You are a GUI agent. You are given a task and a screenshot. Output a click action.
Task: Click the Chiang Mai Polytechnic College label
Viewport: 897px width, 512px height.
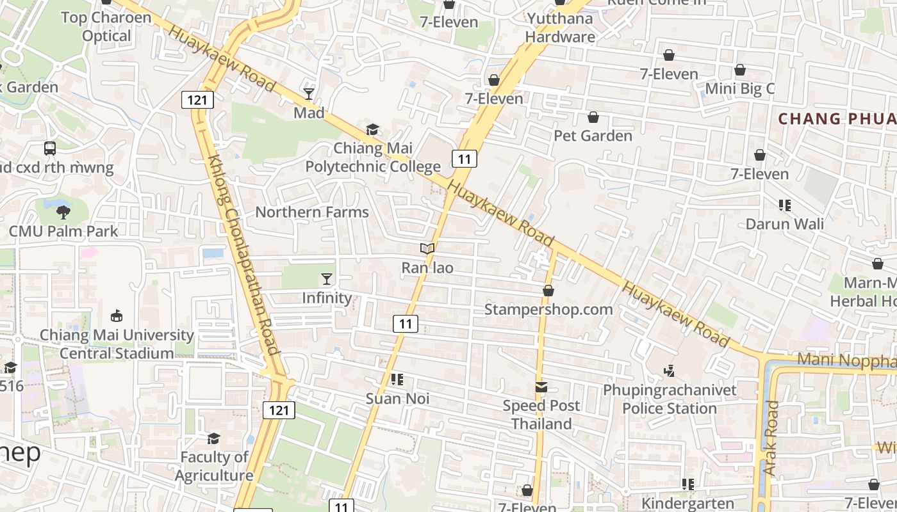tap(373, 158)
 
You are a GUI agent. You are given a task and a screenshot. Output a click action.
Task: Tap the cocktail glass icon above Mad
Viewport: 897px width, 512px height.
tap(309, 94)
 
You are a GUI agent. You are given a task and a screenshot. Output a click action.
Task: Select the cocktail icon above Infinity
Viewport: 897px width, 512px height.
tap(327, 278)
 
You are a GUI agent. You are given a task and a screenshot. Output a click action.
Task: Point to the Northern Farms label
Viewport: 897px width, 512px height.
tap(312, 212)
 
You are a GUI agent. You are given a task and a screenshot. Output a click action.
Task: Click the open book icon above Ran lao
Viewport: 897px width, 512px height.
tap(427, 248)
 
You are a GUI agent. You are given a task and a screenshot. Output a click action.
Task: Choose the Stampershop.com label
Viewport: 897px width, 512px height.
tap(548, 309)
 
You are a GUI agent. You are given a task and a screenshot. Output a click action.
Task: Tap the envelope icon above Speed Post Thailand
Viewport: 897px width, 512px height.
tap(541, 387)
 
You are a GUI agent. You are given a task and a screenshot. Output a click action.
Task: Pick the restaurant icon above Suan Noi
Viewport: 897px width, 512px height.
tap(397, 380)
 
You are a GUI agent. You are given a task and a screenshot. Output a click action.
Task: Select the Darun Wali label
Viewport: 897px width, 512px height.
tap(785, 224)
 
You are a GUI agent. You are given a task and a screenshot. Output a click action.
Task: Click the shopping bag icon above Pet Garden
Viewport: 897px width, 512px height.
tap(593, 117)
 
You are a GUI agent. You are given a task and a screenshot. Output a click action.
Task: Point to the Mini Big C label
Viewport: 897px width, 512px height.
tap(740, 88)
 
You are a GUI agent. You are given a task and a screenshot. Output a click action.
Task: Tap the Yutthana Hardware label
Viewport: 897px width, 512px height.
tap(560, 27)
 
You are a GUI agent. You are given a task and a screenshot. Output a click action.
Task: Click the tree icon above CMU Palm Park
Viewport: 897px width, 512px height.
tap(63, 212)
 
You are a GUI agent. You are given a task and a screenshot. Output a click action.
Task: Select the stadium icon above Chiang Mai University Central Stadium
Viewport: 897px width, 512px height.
tap(117, 316)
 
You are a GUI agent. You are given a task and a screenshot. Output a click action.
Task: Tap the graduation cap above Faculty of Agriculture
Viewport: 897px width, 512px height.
tap(213, 438)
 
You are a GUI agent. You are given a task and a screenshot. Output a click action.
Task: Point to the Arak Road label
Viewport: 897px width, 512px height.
tap(770, 438)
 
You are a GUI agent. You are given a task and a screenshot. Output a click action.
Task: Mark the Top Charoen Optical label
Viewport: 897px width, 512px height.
tap(106, 26)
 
